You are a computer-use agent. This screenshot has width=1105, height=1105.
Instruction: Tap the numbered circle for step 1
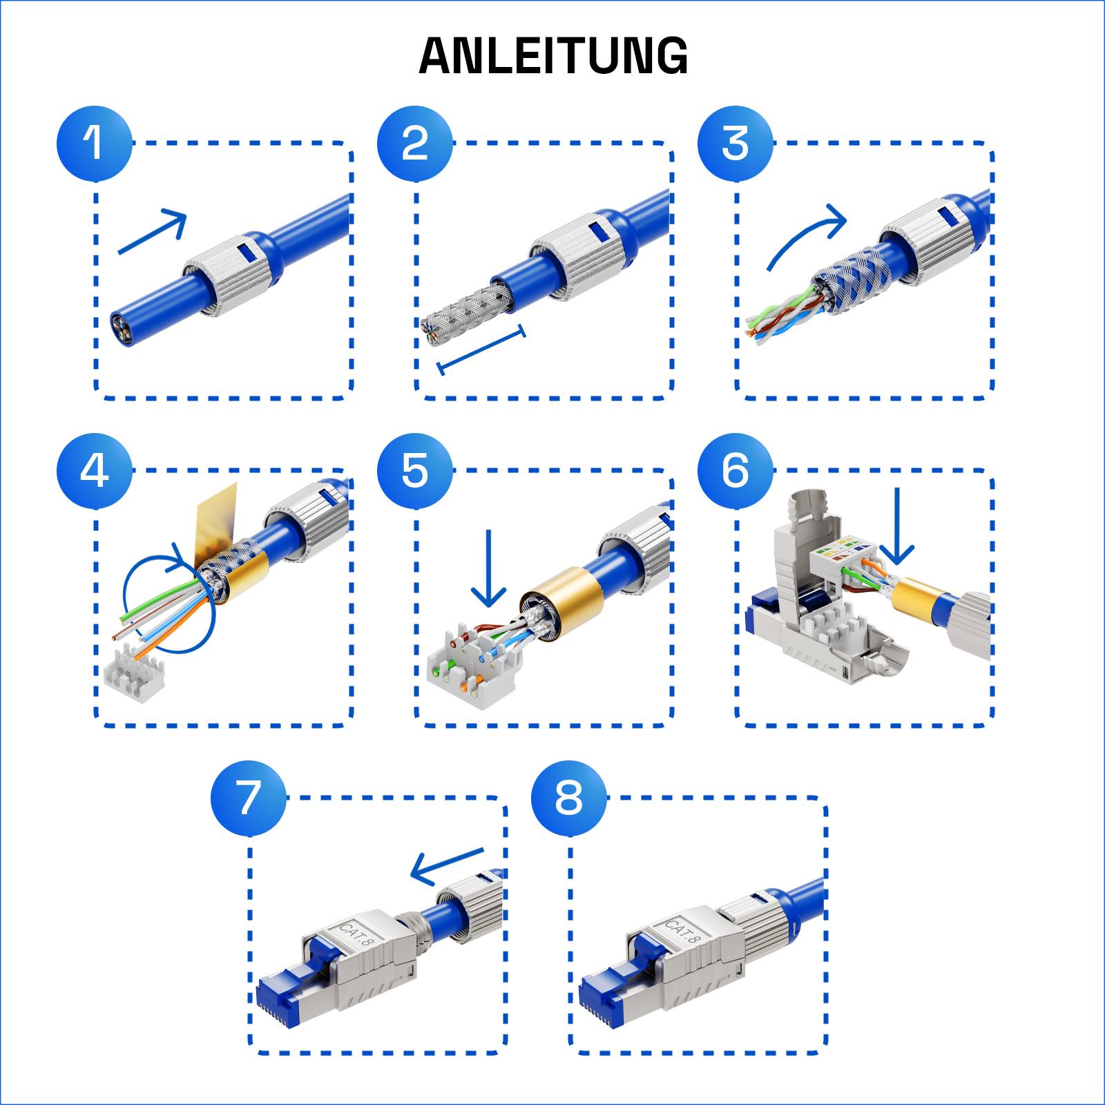[x=94, y=143]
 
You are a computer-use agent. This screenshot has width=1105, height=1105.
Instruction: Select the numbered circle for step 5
[x=414, y=470]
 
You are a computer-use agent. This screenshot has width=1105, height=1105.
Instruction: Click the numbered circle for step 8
[x=568, y=798]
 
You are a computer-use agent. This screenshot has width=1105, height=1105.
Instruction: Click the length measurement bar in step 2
[x=481, y=350]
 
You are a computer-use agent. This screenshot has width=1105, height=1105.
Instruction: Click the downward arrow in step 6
[x=896, y=525]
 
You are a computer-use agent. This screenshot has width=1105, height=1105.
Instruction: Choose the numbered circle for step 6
[x=735, y=470]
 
